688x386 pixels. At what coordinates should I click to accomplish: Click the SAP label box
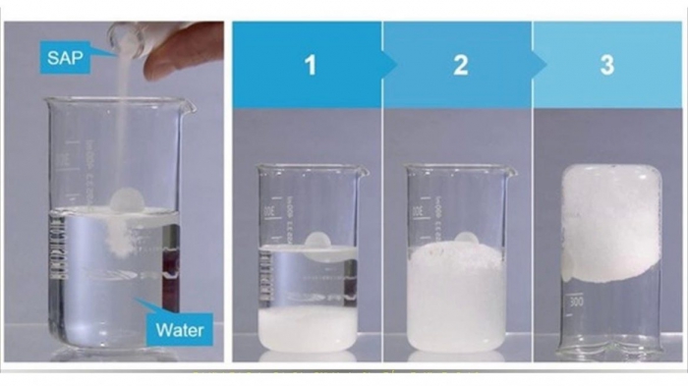(x=65, y=57)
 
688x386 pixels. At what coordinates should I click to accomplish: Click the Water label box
(x=180, y=329)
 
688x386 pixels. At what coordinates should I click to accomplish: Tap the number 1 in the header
(x=311, y=65)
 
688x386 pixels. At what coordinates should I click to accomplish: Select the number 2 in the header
(x=460, y=65)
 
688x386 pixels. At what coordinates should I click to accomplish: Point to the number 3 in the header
(x=606, y=65)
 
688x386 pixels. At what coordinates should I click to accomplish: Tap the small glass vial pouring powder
(x=127, y=39)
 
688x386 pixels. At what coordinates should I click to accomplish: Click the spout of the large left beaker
(x=189, y=107)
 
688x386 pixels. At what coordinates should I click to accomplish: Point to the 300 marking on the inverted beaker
(x=576, y=302)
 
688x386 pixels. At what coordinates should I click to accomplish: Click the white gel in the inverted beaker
(x=611, y=223)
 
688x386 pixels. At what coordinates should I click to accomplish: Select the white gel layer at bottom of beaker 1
(x=308, y=329)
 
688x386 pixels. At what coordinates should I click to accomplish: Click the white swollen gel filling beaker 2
(x=456, y=297)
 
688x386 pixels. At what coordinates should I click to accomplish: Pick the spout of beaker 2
(x=511, y=172)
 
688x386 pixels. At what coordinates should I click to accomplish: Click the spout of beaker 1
(x=363, y=172)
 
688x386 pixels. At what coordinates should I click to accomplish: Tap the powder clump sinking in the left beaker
(x=119, y=236)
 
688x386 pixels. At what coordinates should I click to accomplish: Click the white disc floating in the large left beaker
(x=127, y=201)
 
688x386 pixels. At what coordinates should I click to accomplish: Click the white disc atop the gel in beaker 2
(x=467, y=238)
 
